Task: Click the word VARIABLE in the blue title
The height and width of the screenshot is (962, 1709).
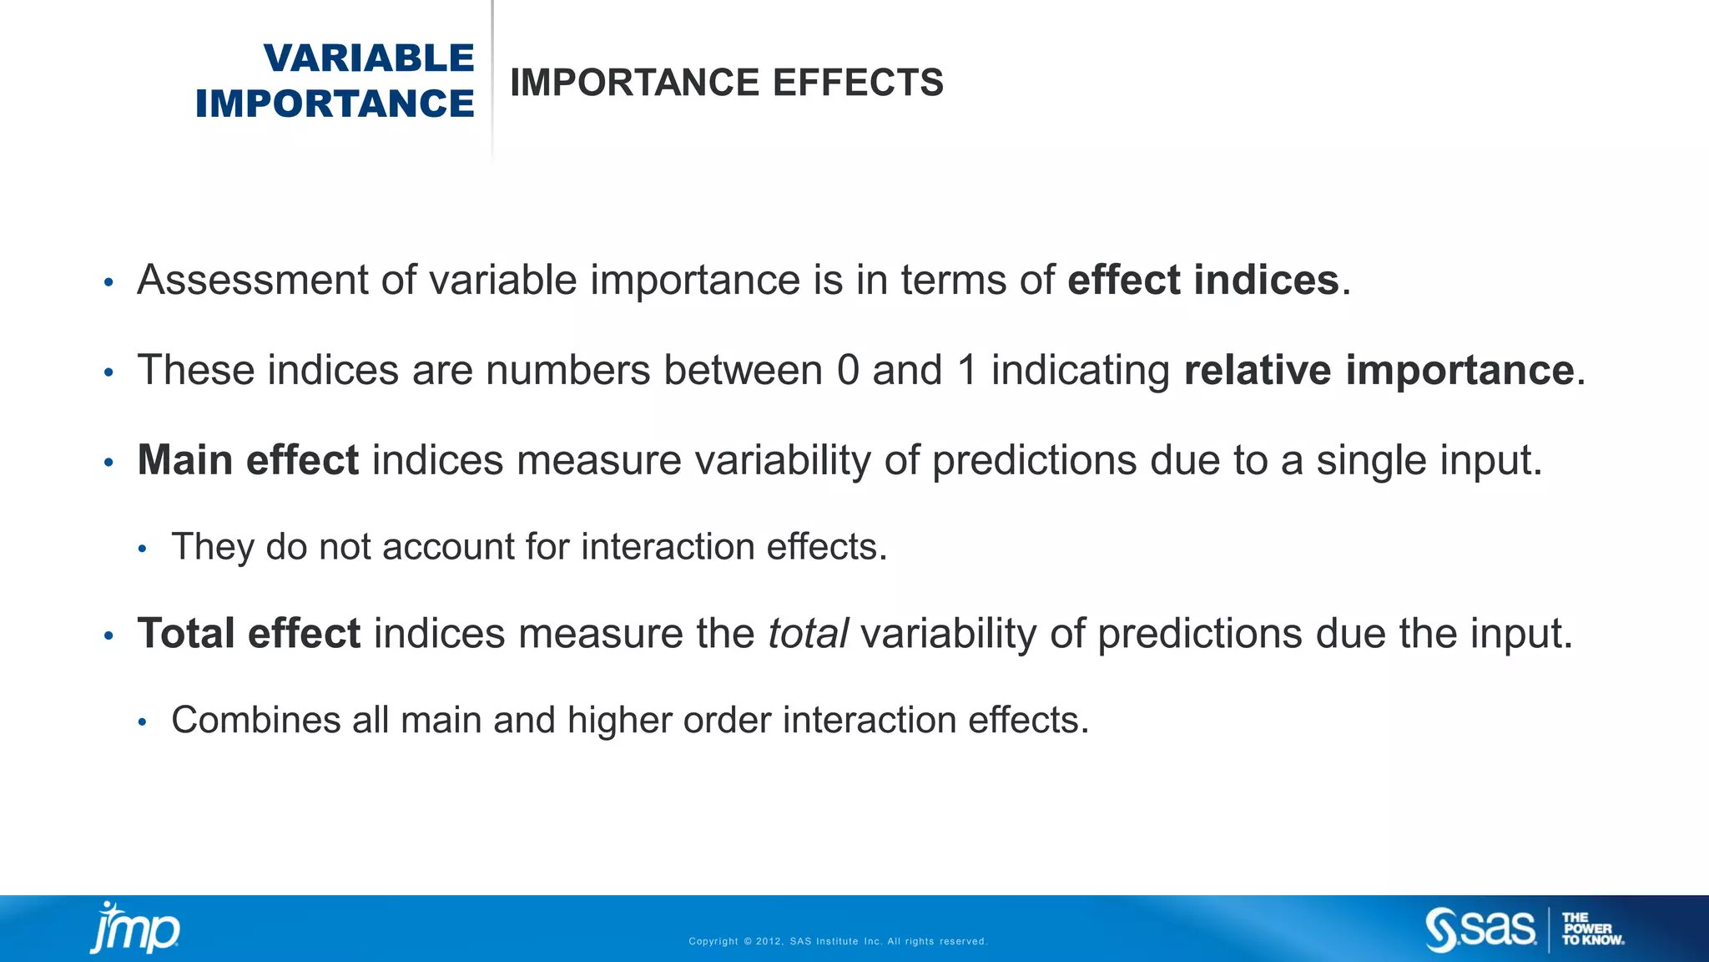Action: click(x=368, y=58)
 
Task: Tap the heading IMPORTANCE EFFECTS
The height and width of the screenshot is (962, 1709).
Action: click(x=726, y=83)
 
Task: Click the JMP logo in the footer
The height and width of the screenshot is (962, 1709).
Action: click(x=135, y=928)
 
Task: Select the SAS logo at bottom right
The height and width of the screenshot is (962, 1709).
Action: click(x=1480, y=929)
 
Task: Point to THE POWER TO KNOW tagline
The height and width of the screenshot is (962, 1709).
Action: click(x=1592, y=929)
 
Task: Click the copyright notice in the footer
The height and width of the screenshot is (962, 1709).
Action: click(x=838, y=941)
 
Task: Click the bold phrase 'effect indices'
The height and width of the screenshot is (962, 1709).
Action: click(x=1202, y=280)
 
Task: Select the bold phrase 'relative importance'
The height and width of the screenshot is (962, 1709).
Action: click(x=1379, y=370)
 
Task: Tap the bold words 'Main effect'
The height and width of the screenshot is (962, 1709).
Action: click(x=248, y=460)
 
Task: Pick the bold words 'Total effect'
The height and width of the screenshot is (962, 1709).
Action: click(x=249, y=633)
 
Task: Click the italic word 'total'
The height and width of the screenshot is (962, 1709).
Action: click(x=808, y=633)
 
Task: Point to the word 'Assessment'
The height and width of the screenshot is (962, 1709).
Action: click(x=253, y=280)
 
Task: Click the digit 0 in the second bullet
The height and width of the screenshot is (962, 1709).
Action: click(x=848, y=370)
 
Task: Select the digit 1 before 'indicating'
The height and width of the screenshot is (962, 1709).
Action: click(x=967, y=370)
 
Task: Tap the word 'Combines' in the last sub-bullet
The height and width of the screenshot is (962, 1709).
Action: click(x=255, y=720)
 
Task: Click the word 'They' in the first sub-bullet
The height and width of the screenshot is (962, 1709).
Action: click(x=212, y=547)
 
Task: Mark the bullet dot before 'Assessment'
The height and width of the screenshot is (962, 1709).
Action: click(x=108, y=283)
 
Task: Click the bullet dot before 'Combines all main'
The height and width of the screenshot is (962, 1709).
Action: click(x=143, y=722)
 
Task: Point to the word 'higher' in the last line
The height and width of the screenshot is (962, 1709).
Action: click(x=619, y=720)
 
